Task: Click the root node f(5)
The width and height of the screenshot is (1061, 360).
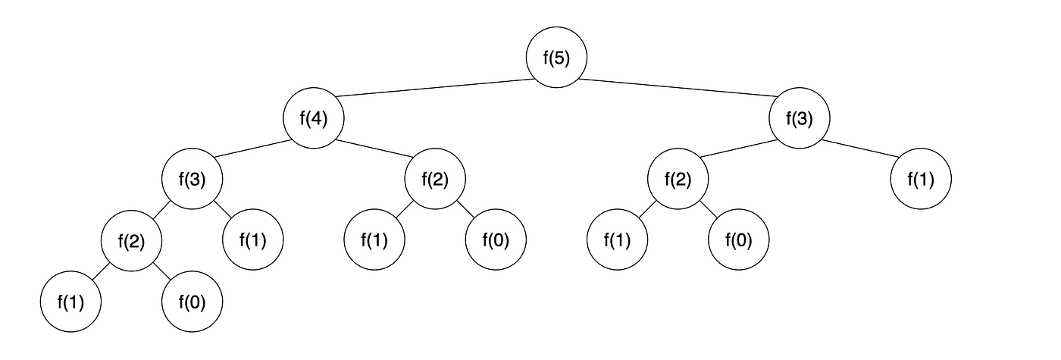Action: [557, 58]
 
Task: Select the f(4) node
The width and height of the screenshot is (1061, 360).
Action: [314, 119]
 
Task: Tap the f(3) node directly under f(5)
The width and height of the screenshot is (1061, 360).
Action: [800, 119]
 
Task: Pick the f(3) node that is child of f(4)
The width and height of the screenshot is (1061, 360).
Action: [192, 180]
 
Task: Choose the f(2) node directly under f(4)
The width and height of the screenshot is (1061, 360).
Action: [435, 180]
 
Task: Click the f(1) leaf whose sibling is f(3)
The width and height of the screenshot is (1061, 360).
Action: [921, 180]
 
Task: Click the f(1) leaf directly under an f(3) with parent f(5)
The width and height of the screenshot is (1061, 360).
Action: [921, 180]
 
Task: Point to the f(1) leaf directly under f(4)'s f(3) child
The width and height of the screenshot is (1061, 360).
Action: [253, 241]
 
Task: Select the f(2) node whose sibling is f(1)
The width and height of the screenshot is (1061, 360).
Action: [132, 241]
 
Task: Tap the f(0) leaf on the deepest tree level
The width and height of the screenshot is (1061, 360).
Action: [192, 302]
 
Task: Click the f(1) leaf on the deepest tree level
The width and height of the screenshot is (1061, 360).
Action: [71, 302]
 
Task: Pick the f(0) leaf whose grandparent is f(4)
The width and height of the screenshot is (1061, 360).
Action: [496, 241]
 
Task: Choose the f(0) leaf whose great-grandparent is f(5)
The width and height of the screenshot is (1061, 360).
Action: [739, 241]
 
